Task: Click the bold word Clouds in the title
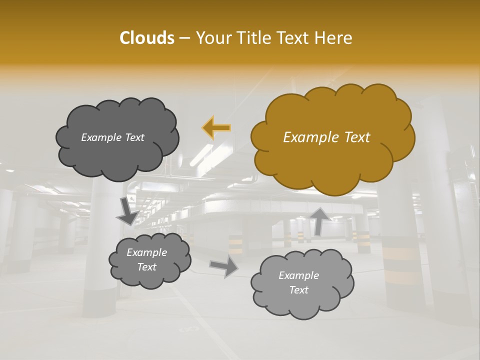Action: tap(146, 38)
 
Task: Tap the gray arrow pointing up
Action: tap(319, 220)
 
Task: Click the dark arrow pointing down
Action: tap(127, 211)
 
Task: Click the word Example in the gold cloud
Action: tap(313, 137)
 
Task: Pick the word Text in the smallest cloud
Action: tap(146, 267)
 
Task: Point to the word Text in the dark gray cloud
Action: tap(135, 137)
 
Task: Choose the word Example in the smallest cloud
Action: tap(146, 252)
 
